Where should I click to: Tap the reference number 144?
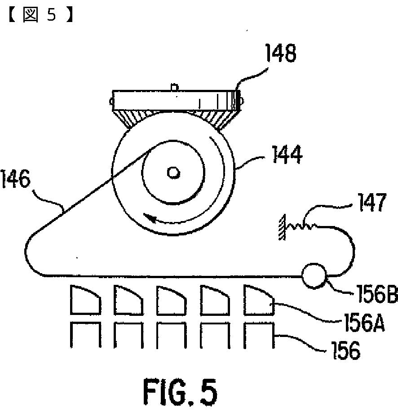point(286,157)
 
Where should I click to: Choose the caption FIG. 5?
point(180,391)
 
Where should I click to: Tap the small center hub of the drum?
point(173,172)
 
